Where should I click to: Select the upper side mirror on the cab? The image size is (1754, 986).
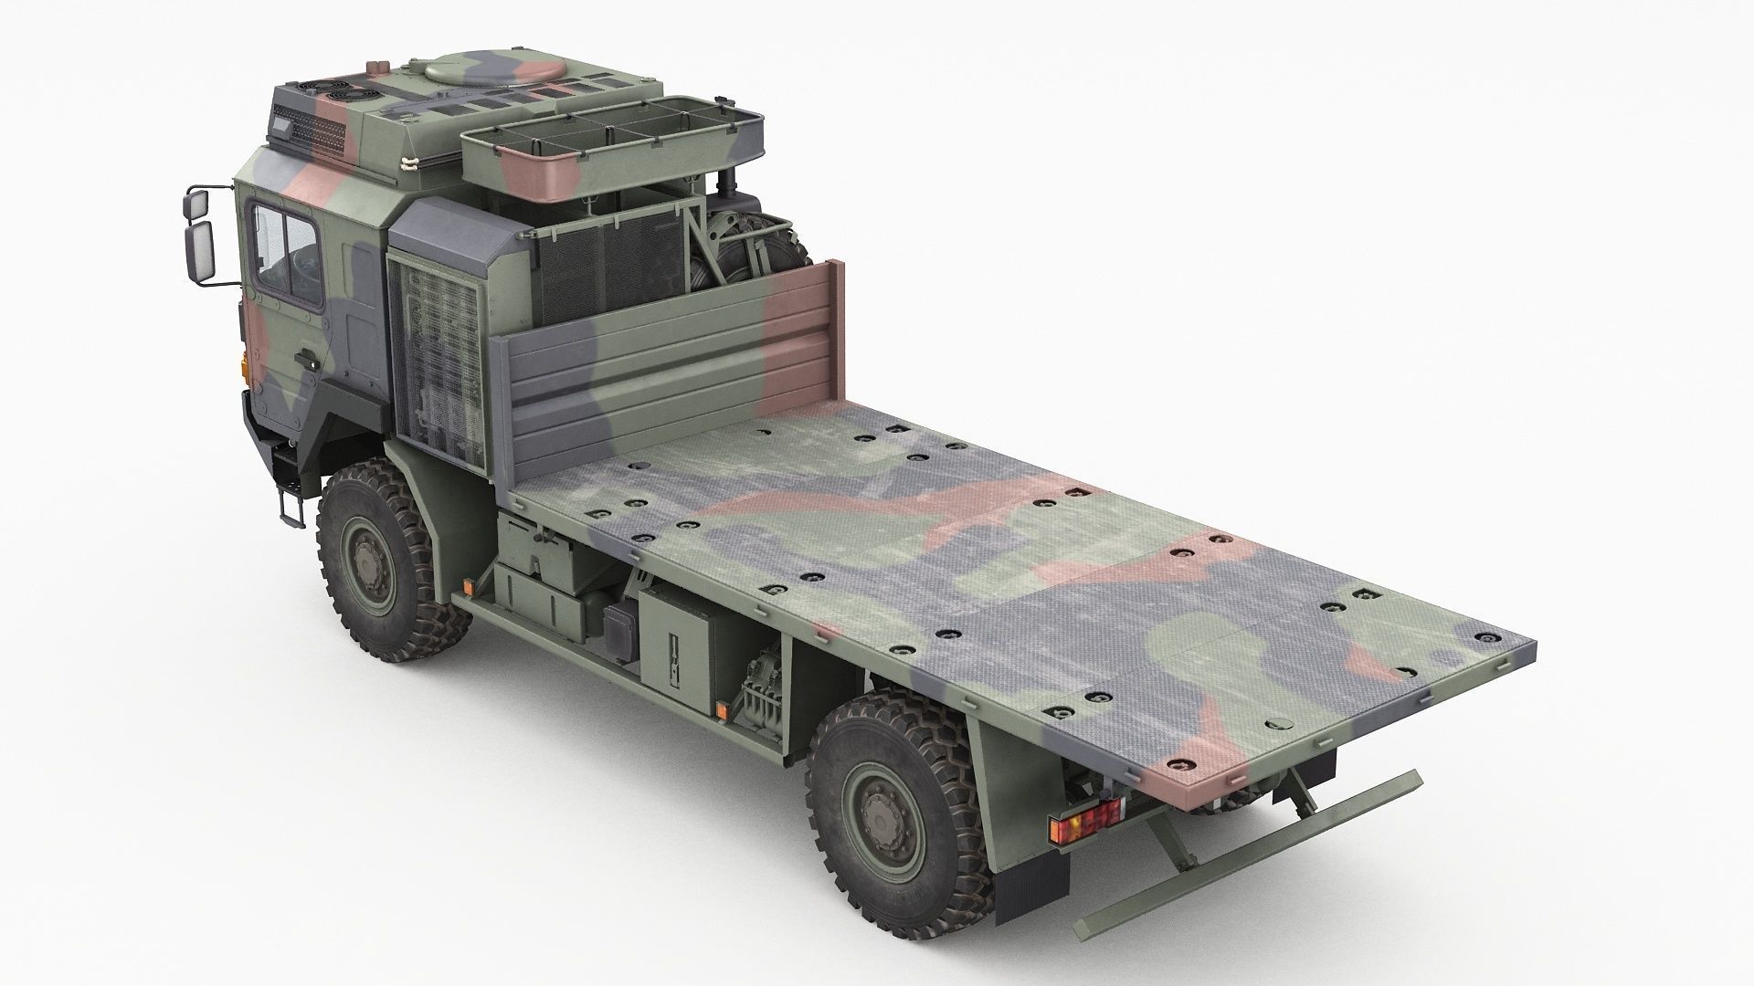point(200,207)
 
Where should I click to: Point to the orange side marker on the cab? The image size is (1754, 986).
point(243,366)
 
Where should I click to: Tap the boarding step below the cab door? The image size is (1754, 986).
point(291,508)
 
